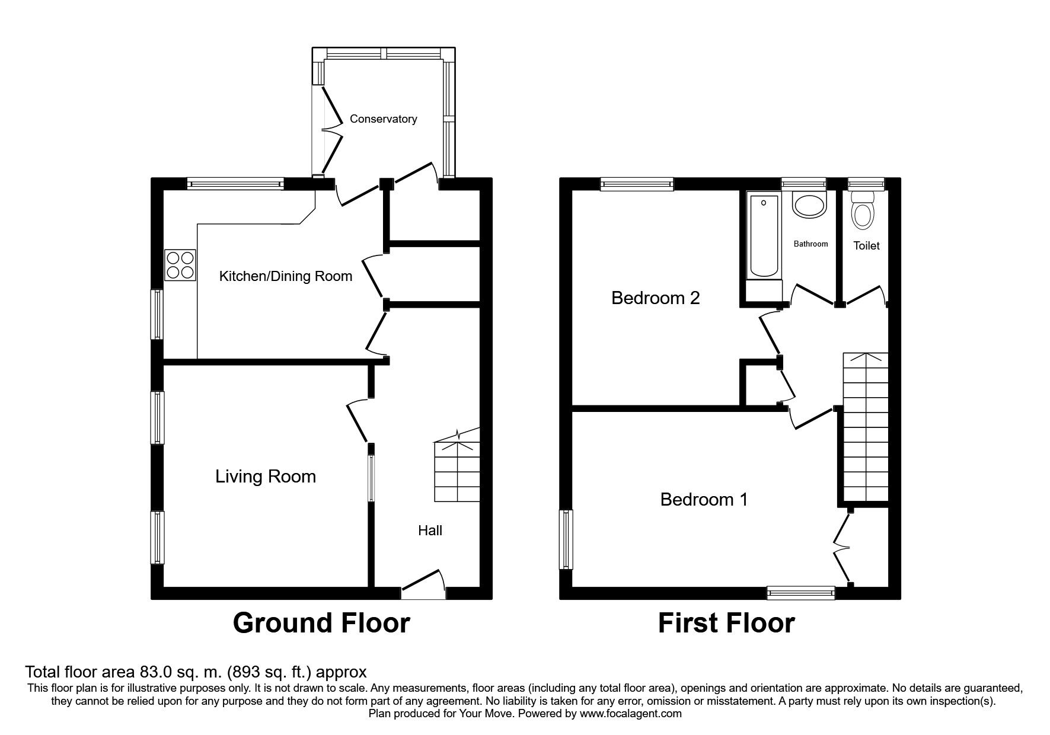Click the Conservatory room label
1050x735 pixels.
pyautogui.click(x=383, y=119)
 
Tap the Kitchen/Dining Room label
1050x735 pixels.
pyautogui.click(x=286, y=276)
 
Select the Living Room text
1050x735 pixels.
pyautogui.click(x=266, y=477)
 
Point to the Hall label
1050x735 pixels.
pyautogui.click(x=430, y=531)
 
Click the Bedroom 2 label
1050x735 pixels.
pyautogui.click(x=656, y=298)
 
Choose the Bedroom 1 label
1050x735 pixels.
pyautogui.click(x=704, y=500)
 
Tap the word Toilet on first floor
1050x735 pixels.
pyautogui.click(x=866, y=245)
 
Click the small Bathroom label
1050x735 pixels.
pyautogui.click(x=810, y=244)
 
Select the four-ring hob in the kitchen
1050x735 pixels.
pyautogui.click(x=180, y=265)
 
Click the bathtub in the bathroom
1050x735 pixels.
pyautogui.click(x=764, y=237)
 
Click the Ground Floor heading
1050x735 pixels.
pyautogui.click(x=321, y=623)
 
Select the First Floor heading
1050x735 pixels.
pyautogui.click(x=726, y=623)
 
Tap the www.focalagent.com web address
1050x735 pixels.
pyautogui.click(x=630, y=714)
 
